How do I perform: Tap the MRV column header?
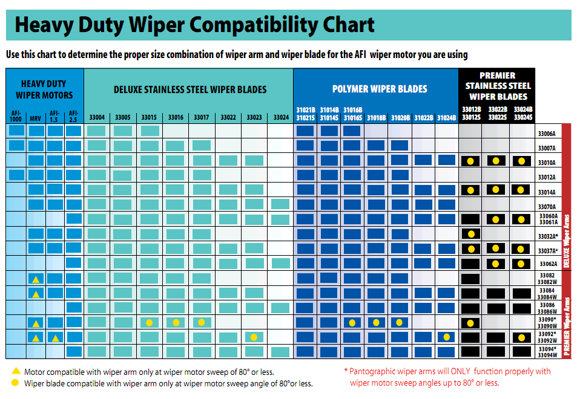35,117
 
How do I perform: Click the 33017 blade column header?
202,117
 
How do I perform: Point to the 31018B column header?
376,117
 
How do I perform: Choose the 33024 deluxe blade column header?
280,117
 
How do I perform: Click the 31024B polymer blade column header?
446,117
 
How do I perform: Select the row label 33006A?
547,134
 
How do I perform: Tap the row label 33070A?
547,207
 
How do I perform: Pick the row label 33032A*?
548,236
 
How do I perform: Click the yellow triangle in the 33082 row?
36,279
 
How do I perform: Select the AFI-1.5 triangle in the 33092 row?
55,338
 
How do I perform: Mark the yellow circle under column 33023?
254,337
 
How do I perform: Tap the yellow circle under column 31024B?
446,337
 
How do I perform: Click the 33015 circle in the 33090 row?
149,322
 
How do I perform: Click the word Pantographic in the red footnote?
372,371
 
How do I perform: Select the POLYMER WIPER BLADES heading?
380,89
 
